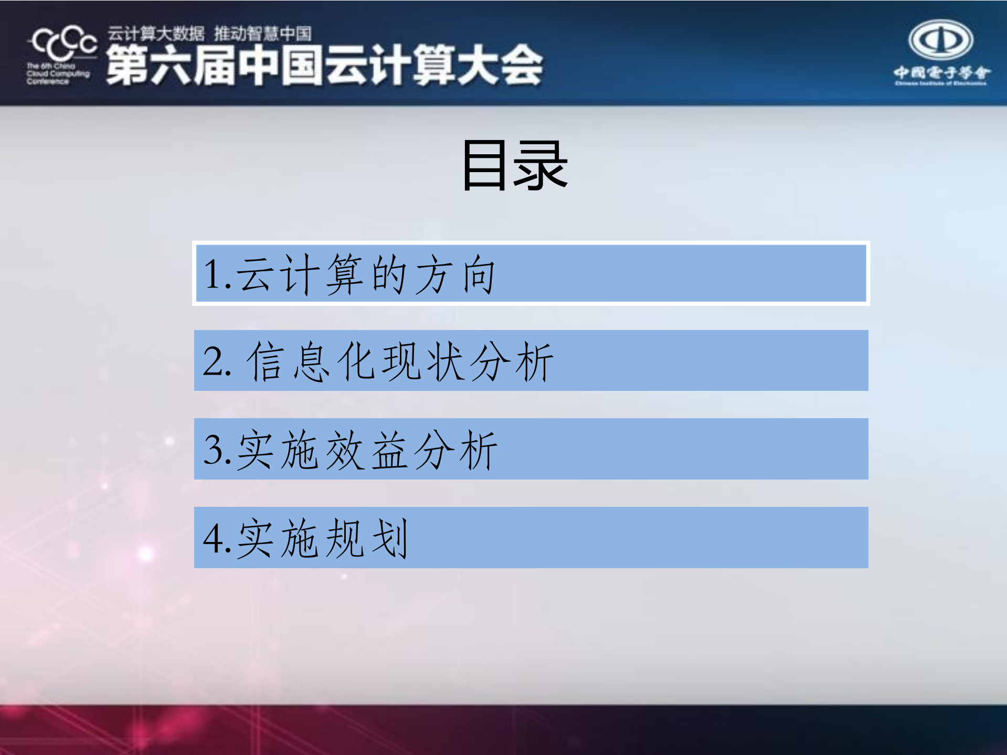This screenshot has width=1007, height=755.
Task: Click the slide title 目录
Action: pyautogui.click(x=514, y=165)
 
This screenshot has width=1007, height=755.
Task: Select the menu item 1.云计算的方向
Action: pyautogui.click(x=531, y=274)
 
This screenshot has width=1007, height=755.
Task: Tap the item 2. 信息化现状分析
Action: pyautogui.click(x=531, y=361)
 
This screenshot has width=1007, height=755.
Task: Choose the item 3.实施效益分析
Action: pyautogui.click(x=531, y=449)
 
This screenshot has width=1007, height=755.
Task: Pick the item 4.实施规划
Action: pyautogui.click(x=531, y=538)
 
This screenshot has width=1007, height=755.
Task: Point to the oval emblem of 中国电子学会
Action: pyautogui.click(x=940, y=39)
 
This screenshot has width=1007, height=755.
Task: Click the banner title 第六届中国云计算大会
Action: pyautogui.click(x=324, y=65)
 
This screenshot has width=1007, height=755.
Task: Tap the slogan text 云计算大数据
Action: pyautogui.click(x=156, y=34)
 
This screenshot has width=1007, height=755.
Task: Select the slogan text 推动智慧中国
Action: pyautogui.click(x=262, y=34)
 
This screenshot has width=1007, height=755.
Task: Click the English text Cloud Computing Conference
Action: pyautogui.click(x=58, y=74)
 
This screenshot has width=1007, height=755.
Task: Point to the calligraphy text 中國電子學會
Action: pyautogui.click(x=941, y=72)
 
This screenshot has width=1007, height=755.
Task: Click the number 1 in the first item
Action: pyautogui.click(x=213, y=274)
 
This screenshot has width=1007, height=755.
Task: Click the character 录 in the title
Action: pyautogui.click(x=540, y=166)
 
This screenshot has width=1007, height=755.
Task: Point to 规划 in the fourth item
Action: pyautogui.click(x=366, y=538)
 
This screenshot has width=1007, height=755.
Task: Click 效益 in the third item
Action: pyautogui.click(x=366, y=450)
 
